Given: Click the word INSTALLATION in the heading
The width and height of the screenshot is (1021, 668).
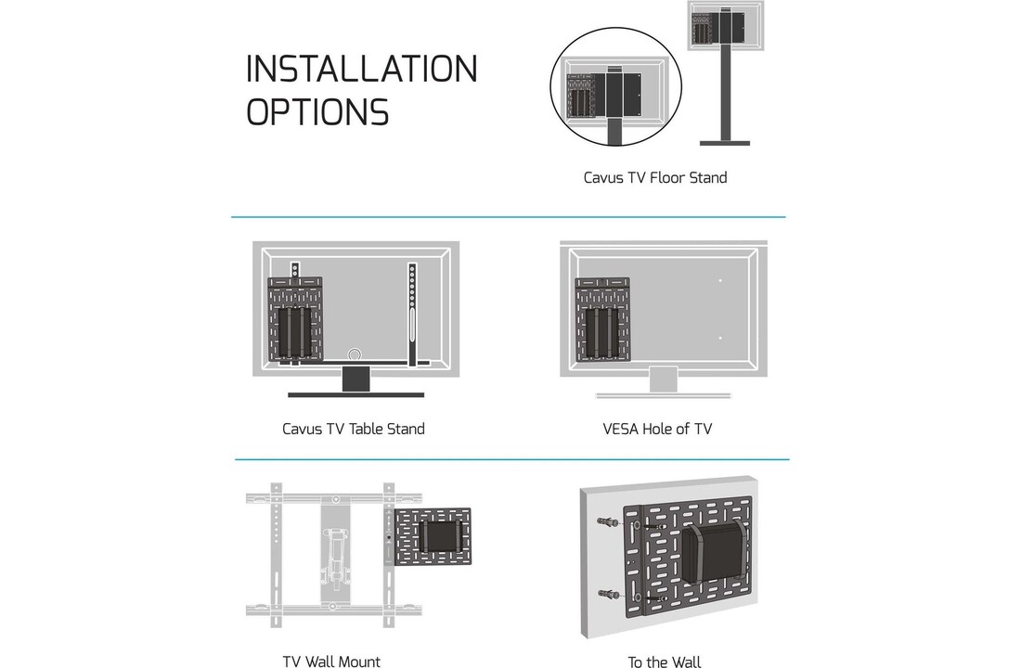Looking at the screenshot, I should [362, 70].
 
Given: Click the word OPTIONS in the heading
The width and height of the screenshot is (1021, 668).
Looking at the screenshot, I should [317, 112].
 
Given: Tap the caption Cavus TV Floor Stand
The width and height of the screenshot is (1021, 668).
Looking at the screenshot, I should [654, 177].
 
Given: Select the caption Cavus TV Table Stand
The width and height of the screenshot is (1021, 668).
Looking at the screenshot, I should [353, 429].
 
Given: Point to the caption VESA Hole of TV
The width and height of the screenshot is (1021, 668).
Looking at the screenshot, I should [657, 429].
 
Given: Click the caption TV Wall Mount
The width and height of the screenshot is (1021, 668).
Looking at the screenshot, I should [331, 662].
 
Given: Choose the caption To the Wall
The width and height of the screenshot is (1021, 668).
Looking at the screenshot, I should [664, 662].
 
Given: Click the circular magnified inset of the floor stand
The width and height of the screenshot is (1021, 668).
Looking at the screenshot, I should [615, 88].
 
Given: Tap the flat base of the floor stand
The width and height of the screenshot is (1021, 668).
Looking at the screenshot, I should [724, 143].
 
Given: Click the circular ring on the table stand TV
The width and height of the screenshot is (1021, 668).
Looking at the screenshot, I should [354, 355].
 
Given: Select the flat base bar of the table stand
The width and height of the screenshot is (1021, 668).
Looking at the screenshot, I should [355, 394].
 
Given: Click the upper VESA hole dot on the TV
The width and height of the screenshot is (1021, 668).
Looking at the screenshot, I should [720, 280].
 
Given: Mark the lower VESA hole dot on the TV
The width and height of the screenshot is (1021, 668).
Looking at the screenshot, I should [720, 338].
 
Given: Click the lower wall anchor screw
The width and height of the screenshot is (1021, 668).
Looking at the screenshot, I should [609, 594].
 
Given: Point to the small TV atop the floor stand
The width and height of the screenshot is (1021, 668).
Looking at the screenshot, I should [725, 26].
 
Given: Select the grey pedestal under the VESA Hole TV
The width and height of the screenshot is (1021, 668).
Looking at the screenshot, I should [663, 380].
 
